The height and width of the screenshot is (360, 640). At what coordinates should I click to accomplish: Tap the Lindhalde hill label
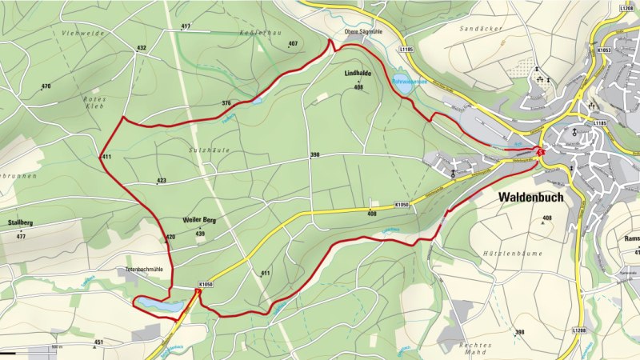[x=358, y=74]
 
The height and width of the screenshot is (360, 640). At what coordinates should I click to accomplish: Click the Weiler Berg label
[x=199, y=220]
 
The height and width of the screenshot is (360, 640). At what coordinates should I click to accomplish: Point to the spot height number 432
[x=142, y=48]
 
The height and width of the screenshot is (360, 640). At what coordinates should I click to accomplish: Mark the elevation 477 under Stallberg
[x=21, y=237]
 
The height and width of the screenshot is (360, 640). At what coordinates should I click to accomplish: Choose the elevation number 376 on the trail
[x=226, y=103]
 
